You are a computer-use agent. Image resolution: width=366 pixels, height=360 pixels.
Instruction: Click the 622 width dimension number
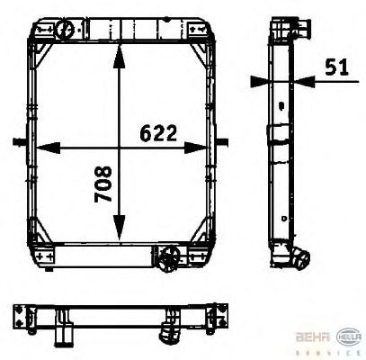tap(157, 133)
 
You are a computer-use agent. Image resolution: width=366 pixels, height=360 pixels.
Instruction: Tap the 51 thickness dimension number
tap(335, 67)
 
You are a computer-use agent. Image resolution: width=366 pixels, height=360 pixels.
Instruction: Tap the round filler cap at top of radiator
tap(65, 31)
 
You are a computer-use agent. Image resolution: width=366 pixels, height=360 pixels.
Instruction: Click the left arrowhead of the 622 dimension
tap(40, 147)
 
